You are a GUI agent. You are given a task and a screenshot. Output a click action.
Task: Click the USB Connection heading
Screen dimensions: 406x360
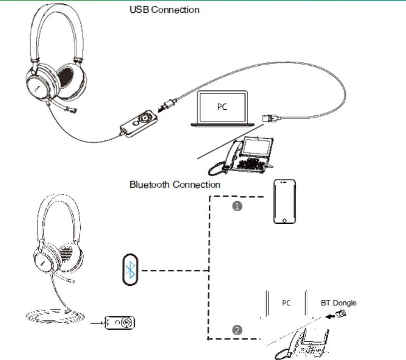[164, 10]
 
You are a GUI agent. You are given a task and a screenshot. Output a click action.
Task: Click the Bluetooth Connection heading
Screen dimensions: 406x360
[175, 184]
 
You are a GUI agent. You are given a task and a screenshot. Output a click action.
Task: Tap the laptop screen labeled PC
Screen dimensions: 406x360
[222, 107]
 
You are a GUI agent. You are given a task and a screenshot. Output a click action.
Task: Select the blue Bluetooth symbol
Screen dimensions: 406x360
[130, 270]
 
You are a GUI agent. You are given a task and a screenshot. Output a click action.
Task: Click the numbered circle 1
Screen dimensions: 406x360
[237, 206]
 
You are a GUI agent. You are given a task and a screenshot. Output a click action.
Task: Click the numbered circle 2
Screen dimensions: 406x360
[237, 330]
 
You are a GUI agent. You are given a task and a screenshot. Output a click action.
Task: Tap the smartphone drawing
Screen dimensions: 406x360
[285, 202]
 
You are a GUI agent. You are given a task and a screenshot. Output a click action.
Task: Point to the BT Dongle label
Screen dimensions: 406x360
[339, 303]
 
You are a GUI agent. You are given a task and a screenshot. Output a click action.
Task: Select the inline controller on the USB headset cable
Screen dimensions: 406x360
[139, 123]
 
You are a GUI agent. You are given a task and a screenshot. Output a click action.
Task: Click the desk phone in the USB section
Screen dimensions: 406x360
[241, 155]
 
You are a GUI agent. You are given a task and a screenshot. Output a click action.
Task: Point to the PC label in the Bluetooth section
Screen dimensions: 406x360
[286, 303]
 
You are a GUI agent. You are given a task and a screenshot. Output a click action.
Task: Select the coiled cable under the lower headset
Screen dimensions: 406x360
[55, 316]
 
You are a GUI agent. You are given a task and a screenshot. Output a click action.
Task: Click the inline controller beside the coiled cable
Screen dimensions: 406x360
[120, 323]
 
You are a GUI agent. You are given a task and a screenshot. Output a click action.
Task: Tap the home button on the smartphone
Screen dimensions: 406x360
[285, 221]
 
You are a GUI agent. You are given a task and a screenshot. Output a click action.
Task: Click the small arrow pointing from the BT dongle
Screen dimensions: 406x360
[330, 316]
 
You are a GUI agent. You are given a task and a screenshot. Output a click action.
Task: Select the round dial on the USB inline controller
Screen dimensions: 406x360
[144, 118]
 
